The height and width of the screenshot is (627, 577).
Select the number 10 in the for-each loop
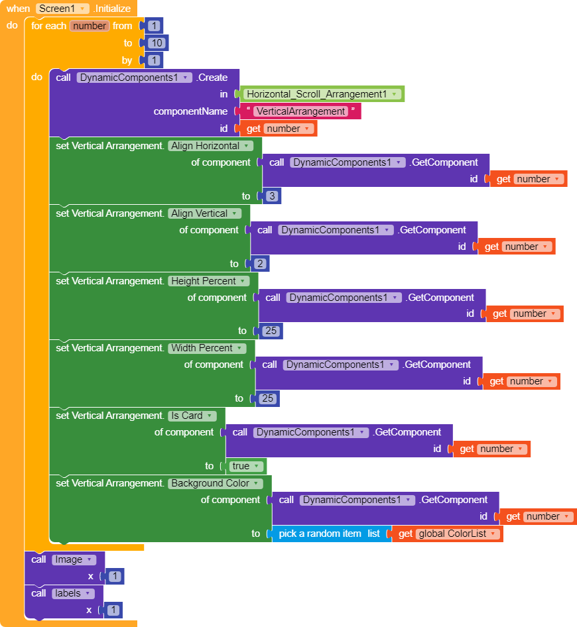point(157,43)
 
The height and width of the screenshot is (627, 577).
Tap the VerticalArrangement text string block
point(300,111)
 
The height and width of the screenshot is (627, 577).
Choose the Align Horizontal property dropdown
point(210,146)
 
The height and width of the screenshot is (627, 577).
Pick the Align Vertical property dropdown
point(204,213)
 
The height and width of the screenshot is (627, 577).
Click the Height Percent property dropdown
point(208,281)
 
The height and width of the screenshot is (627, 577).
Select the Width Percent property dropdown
point(207,348)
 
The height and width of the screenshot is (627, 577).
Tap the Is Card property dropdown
point(192,416)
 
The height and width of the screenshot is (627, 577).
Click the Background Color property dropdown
point(216,483)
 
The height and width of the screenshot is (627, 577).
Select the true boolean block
point(245,466)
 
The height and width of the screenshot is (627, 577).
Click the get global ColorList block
point(448,534)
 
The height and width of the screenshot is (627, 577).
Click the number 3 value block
point(272,196)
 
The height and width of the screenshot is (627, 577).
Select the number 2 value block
point(260,264)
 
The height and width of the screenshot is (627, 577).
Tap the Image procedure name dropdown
point(74,560)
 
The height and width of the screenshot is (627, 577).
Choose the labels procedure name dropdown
point(73,593)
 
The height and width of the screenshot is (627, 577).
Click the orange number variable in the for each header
point(90,26)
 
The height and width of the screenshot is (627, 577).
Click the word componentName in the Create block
point(190,111)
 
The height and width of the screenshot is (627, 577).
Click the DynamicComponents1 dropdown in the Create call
point(134,78)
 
